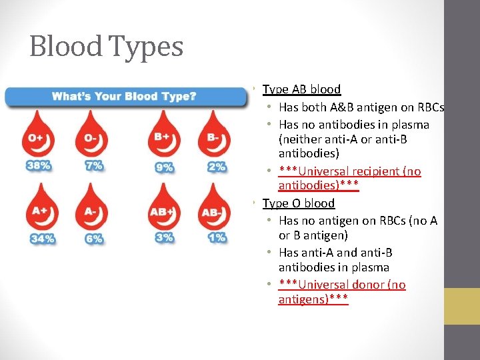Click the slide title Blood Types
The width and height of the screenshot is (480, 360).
click(106, 47)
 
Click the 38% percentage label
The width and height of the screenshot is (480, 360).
click(39, 166)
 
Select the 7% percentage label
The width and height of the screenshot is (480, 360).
click(94, 165)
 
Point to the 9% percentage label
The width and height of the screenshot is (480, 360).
click(164, 167)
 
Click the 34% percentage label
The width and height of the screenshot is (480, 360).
click(41, 239)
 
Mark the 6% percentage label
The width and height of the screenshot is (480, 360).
click(94, 238)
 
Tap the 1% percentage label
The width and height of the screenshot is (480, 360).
click(217, 237)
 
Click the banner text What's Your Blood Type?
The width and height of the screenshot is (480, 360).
click(124, 97)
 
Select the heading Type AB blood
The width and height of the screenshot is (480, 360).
click(301, 89)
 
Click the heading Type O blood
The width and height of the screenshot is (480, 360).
click(299, 203)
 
